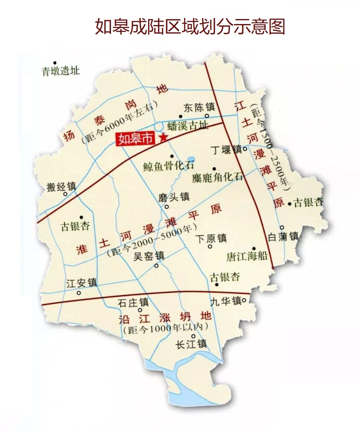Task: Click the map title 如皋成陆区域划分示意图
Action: coord(190,27)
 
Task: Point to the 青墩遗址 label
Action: coord(60,71)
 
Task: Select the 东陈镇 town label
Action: coord(199,107)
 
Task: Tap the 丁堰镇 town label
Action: coord(227,149)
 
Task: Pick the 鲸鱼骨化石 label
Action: coord(169,166)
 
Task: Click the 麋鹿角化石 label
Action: coord(217,177)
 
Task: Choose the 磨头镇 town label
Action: coord(174,197)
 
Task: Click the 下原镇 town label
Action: coord(211,239)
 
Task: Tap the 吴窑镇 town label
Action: coord(149,256)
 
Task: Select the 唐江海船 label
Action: coord(247,256)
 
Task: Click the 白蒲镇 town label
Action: coord(283,237)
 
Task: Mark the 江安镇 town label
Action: coord(81,283)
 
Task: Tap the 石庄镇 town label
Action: coord(133,303)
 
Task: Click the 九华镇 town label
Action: coord(226,301)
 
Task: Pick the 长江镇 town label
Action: coord(191,344)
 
